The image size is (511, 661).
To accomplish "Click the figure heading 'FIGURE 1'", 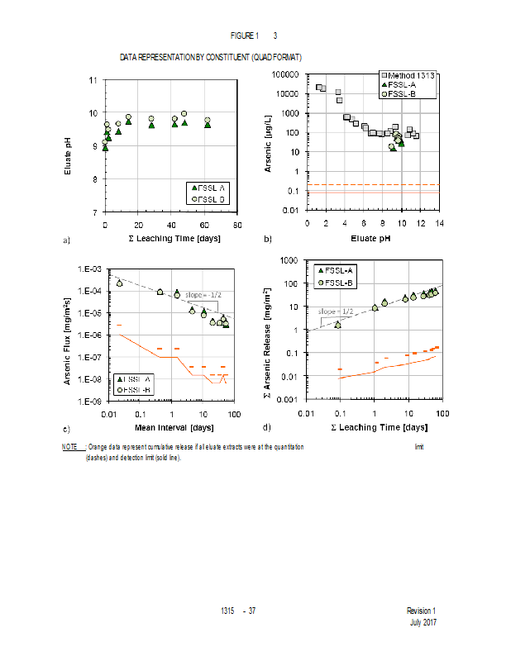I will (x=244, y=36).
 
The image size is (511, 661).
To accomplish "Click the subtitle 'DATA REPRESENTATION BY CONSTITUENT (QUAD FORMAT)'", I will (x=210, y=58).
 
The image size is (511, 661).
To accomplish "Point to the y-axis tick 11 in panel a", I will (x=93, y=80).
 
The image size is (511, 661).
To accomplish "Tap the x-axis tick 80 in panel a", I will (x=237, y=225).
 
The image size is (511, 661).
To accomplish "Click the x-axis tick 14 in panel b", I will (x=439, y=223).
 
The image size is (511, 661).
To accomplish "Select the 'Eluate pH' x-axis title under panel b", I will (x=372, y=239).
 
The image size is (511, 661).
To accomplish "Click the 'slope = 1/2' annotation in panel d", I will (x=334, y=311).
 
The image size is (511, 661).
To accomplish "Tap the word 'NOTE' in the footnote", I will (x=70, y=447).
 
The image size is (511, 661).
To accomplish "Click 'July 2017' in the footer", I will (x=423, y=621).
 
